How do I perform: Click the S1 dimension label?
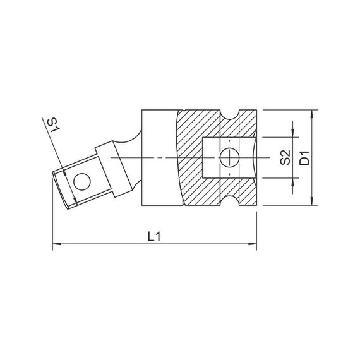pos(53,125)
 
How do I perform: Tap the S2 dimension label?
pos(285,157)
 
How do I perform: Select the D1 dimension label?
pos(304,158)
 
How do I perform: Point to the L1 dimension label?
pos(154,236)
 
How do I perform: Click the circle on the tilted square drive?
pos(82,182)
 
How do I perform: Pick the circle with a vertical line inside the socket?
pos(229,157)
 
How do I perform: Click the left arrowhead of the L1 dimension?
pos(57,244)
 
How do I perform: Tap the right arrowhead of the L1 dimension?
pos(253,244)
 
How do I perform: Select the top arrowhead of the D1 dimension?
pos(311,114)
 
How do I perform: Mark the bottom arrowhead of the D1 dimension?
pos(311,201)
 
